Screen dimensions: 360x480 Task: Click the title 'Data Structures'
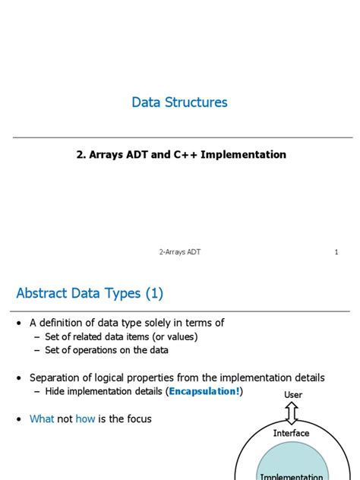coord(179,102)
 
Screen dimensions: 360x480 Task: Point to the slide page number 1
coord(336,252)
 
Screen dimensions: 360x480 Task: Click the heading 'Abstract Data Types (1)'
coord(90,293)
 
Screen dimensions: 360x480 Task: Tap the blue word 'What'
coord(42,418)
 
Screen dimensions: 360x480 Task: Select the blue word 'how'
coord(85,418)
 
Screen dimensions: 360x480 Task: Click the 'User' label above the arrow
coord(293,395)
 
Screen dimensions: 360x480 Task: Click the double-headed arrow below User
coord(292,413)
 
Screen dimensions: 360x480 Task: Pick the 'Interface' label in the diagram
coord(292,433)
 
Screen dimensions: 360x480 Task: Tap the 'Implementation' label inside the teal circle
coord(292,476)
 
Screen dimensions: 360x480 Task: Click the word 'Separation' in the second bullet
coord(56,377)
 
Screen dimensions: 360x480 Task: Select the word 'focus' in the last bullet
coord(137,418)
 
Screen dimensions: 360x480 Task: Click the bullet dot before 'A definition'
coord(19,324)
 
